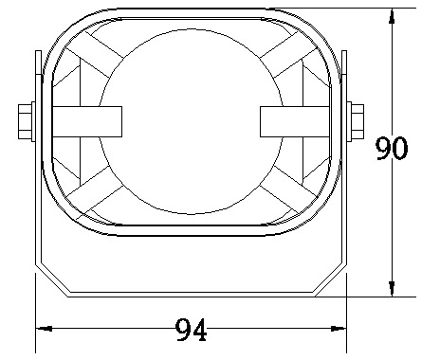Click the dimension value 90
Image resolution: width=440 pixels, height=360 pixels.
point(392,149)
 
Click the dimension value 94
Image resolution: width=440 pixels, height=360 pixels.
point(191,330)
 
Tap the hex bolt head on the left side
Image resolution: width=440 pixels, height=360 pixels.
point(25,121)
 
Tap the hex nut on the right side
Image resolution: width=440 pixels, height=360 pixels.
point(357,121)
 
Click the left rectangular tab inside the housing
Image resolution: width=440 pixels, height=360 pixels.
point(87,121)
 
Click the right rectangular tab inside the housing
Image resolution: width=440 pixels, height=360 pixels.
point(295,121)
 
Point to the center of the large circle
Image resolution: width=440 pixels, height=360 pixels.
point(191,121)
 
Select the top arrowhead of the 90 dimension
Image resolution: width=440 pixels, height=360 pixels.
point(392,16)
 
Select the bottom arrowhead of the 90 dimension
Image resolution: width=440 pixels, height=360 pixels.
point(392,289)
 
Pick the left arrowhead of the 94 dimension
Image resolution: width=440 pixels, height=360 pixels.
point(44,329)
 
